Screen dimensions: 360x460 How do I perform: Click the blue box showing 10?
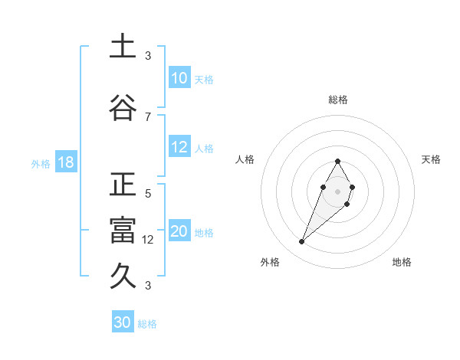point(179,78)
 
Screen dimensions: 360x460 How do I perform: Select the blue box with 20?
point(179,232)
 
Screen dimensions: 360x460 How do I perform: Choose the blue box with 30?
point(123,322)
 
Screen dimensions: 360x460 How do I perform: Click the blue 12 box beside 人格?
point(179,148)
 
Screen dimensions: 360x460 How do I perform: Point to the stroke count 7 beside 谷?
point(148,116)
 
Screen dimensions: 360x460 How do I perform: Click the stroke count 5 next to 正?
point(148,194)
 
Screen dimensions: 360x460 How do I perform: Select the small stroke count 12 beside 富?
point(149,240)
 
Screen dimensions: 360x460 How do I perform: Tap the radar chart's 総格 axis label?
point(337,100)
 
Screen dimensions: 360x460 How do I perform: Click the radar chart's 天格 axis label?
point(432,159)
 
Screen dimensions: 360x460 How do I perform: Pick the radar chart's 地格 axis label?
point(402,262)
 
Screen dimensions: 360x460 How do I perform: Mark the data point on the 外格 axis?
point(301,242)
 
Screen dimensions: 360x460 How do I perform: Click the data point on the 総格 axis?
point(337,161)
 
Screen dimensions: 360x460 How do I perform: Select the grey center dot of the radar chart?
point(337,190)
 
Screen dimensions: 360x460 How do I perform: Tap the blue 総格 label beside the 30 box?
point(147,324)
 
